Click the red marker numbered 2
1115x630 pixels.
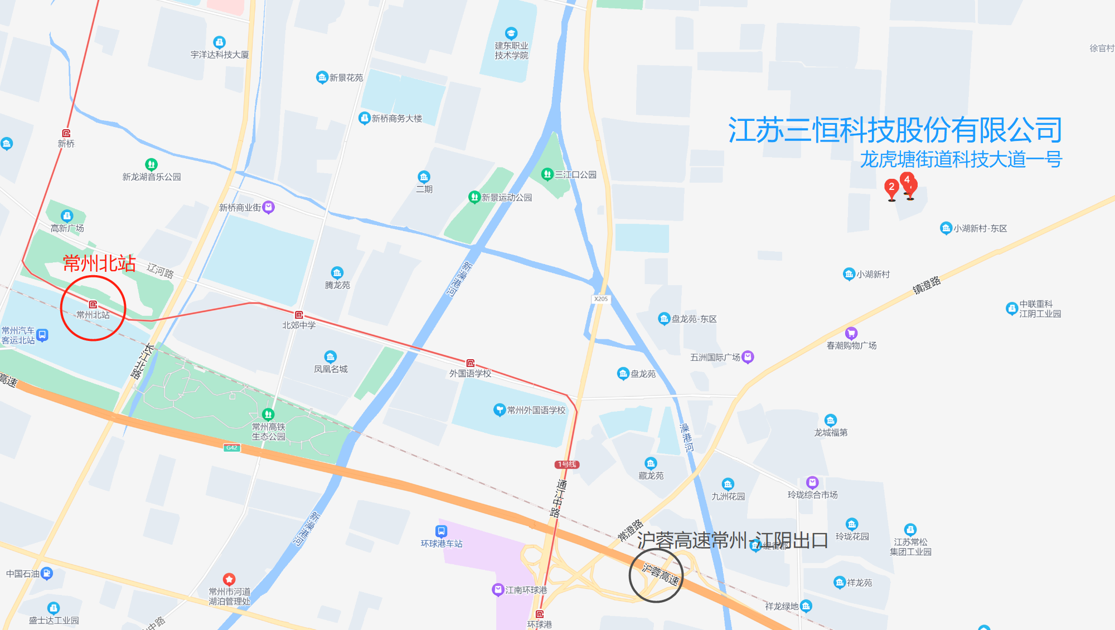[x=891, y=188]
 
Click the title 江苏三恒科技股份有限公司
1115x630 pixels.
[x=895, y=130]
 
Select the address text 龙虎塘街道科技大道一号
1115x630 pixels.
[x=961, y=160]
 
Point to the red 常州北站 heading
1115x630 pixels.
[x=99, y=263]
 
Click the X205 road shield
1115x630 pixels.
[x=601, y=299]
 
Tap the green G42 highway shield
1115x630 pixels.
[x=232, y=447]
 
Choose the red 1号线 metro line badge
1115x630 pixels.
[x=567, y=465]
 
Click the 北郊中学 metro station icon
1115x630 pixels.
[x=299, y=315]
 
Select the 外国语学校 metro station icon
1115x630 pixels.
[x=471, y=363]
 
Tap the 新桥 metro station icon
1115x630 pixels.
[x=66, y=133]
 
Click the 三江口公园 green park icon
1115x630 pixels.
[x=547, y=174]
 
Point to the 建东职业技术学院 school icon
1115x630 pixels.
[x=511, y=33]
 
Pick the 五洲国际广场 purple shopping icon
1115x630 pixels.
[x=748, y=357]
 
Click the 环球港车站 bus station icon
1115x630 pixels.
[x=441, y=531]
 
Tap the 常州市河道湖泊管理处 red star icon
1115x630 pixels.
[x=229, y=579]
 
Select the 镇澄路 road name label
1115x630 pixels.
[x=927, y=285]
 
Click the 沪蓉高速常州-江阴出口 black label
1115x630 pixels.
[x=733, y=540]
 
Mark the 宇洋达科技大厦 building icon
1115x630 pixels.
[x=219, y=42]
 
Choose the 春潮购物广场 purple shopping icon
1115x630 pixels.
[x=851, y=334]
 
